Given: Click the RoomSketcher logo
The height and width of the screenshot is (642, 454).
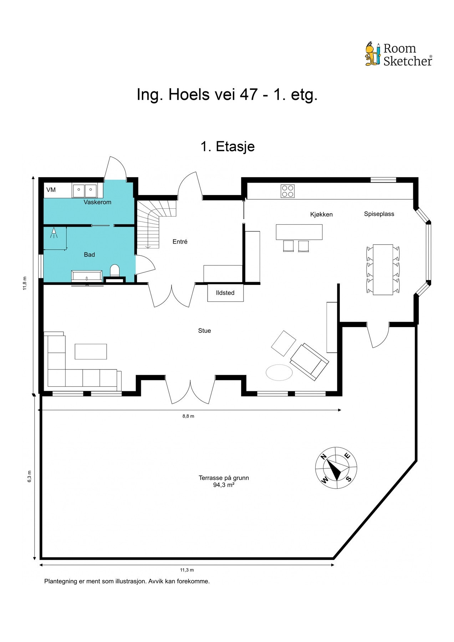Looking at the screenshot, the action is point(398,54).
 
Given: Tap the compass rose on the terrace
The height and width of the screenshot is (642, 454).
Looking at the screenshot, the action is point(336,468).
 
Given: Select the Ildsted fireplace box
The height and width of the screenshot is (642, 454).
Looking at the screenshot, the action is point(225,292).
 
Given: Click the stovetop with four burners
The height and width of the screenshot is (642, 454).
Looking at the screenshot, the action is point(287,191).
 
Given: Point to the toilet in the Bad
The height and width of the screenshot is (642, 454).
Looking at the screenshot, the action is point(114,270).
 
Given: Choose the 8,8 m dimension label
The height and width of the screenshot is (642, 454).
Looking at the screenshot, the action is point(188,416).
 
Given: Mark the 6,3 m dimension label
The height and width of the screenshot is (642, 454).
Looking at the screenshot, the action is point(29,477).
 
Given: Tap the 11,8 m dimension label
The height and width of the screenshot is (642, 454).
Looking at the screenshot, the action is point(25,283).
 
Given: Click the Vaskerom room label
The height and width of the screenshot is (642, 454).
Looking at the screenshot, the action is point(97,202).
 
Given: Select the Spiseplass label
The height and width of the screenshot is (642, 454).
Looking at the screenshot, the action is point(379,214).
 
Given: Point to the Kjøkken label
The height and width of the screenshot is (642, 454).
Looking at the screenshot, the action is point(321,214).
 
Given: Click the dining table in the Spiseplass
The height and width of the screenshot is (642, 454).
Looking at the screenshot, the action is point(383,270).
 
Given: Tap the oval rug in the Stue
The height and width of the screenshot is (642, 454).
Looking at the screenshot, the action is point(279,372).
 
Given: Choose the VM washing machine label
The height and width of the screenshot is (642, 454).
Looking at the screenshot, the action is point(51,190).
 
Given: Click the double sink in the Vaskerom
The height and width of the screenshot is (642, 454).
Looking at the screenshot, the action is point(85,191).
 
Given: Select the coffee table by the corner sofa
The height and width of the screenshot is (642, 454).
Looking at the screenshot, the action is point(91,351).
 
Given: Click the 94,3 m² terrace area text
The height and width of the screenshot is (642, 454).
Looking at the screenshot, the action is point(224,485).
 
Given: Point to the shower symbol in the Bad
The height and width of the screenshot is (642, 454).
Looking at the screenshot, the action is point(54,233).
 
